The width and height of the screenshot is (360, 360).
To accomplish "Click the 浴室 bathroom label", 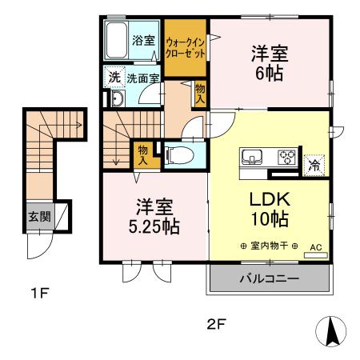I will (x=144, y=39).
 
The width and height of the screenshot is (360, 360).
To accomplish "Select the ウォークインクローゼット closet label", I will (x=186, y=46).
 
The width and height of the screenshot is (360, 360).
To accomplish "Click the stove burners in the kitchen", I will (x=287, y=157).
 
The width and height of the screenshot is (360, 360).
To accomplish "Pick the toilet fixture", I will (x=178, y=152).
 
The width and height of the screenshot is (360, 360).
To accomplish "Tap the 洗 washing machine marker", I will (x=114, y=78).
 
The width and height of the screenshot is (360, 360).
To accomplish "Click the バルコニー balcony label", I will (x=269, y=280).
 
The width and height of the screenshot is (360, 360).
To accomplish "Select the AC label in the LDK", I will (x=314, y=248).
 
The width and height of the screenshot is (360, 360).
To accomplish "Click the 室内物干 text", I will (x=268, y=246).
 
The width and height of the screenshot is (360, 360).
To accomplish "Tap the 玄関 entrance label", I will (x=39, y=216).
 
